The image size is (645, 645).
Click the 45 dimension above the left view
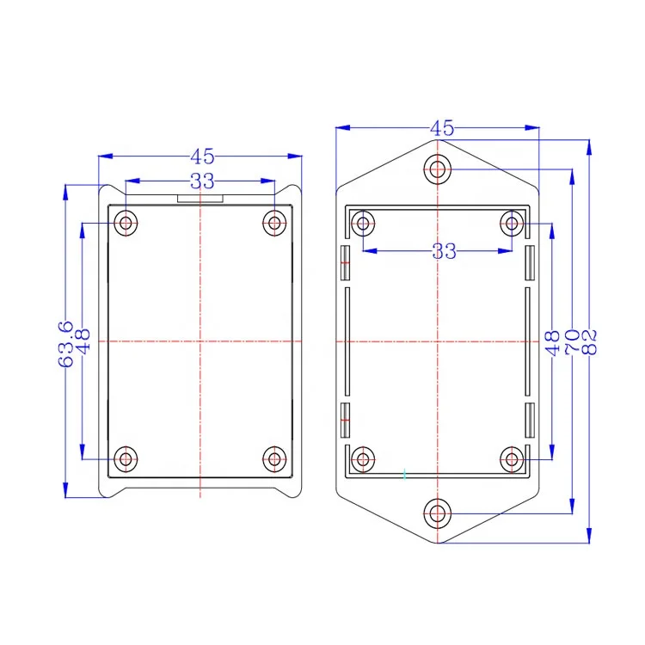(201, 157)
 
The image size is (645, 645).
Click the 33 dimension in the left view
(201, 181)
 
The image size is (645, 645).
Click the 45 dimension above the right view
(442, 129)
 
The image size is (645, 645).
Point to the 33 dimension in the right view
(444, 251)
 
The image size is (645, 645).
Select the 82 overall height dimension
(590, 344)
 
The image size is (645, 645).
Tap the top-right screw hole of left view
(274, 224)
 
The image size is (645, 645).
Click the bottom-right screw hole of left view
(274, 458)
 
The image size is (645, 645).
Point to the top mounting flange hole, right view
(438, 169)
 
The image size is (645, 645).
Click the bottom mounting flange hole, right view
(438, 515)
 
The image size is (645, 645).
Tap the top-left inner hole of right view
(364, 225)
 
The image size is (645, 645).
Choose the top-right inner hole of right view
(512, 225)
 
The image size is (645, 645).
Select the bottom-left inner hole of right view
(364, 458)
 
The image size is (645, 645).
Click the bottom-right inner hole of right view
(512, 458)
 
